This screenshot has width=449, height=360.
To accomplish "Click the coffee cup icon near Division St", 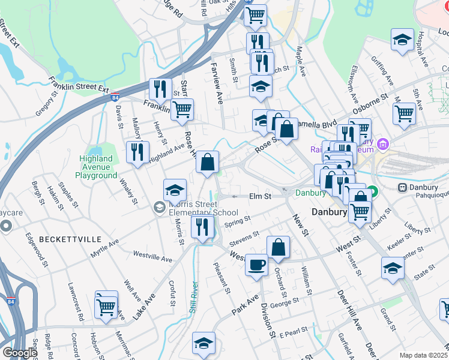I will pyautogui.click(x=256, y=265).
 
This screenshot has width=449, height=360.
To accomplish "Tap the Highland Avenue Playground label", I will pyautogui.click(x=96, y=167).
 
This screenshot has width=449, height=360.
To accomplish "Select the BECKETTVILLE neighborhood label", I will pyautogui.click(x=70, y=239).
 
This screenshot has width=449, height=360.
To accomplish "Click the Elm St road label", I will pyautogui.click(x=260, y=196).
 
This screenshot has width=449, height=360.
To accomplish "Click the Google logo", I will pyautogui.click(x=19, y=353).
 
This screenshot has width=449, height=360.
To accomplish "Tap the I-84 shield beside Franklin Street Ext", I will pyautogui.click(x=115, y=97).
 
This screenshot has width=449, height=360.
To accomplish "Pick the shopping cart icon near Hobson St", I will pyautogui.click(x=106, y=305).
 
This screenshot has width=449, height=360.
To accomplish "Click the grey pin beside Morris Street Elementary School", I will pyautogui.click(x=158, y=208).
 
